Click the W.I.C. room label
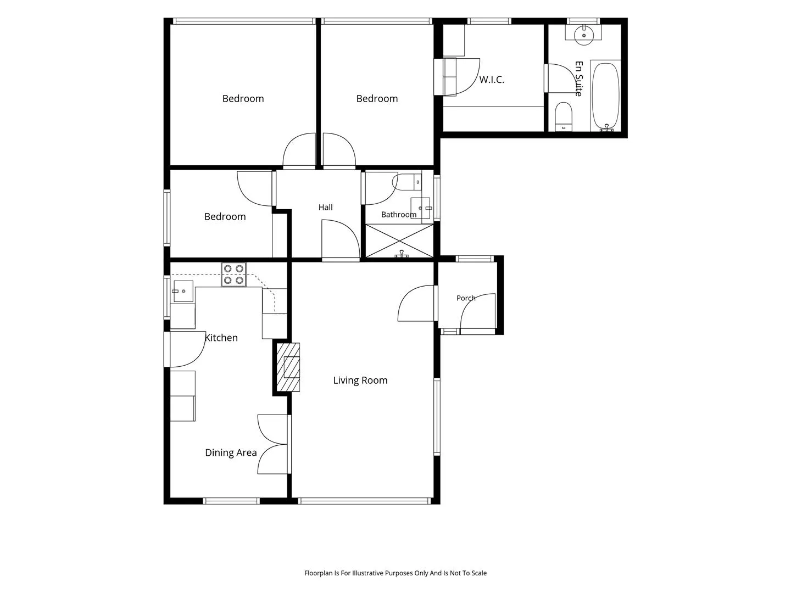(491, 80)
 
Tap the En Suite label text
(579, 79)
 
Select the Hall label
(325, 208)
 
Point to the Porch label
(466, 298)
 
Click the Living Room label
(360, 380)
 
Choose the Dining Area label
(231, 452)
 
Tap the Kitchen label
(221, 338)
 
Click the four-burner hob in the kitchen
(233, 275)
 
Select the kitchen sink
(183, 291)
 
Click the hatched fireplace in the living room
(288, 367)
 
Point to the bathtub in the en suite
(605, 96)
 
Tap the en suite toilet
(563, 116)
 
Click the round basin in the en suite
(584, 35)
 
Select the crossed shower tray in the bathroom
(399, 241)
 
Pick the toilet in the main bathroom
(408, 182)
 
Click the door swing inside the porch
(478, 311)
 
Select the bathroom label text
(399, 215)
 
